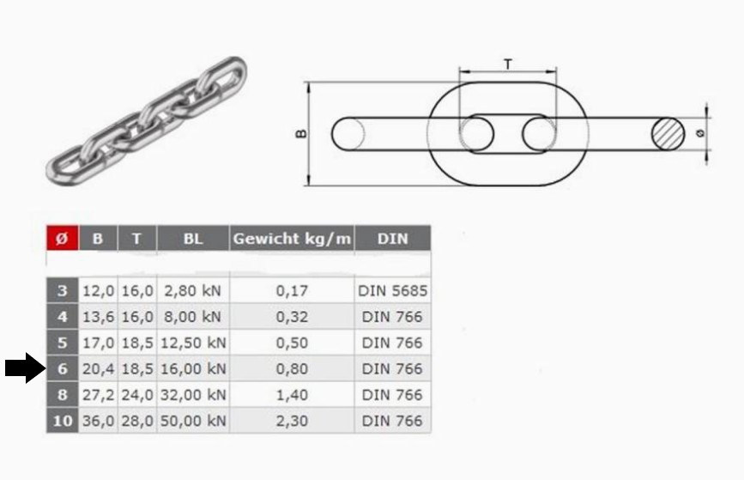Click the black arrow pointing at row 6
[24, 368]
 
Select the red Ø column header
[61, 239]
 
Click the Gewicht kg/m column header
[292, 239]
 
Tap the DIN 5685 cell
[392, 290]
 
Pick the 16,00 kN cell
[194, 368]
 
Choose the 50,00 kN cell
[194, 421]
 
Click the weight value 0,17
[292, 290]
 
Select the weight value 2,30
[292, 421]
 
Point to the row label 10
[61, 421]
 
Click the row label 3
[61, 290]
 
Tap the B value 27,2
[98, 395]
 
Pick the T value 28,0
[137, 421]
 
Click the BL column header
[194, 239]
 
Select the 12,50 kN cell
[194, 343]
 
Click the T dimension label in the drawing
[508, 64]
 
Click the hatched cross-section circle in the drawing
[668, 133]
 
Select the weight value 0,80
[292, 368]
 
